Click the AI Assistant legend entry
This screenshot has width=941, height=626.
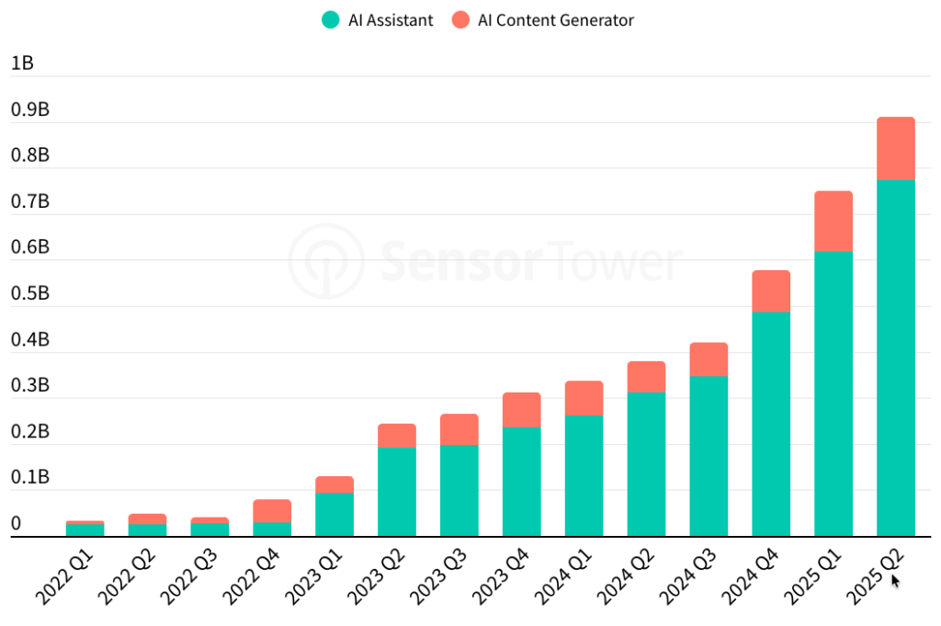tap(376, 20)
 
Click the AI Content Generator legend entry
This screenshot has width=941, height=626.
tap(543, 20)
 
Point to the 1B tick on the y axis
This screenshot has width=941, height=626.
tap(22, 63)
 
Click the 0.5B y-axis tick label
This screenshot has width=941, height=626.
tap(29, 293)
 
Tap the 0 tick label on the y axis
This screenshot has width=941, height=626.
tap(16, 524)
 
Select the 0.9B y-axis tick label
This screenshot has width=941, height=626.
tap(29, 109)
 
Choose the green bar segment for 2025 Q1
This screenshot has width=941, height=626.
tap(833, 393)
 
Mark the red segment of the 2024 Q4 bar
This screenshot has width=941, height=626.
tap(771, 290)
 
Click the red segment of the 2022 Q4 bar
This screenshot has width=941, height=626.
tap(272, 511)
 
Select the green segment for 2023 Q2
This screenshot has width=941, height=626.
tap(397, 492)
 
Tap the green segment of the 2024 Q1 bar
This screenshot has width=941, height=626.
tap(584, 475)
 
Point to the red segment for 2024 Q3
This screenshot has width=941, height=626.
tap(709, 359)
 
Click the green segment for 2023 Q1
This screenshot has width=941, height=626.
tap(334, 515)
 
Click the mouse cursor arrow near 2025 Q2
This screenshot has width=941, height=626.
tap(895, 580)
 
